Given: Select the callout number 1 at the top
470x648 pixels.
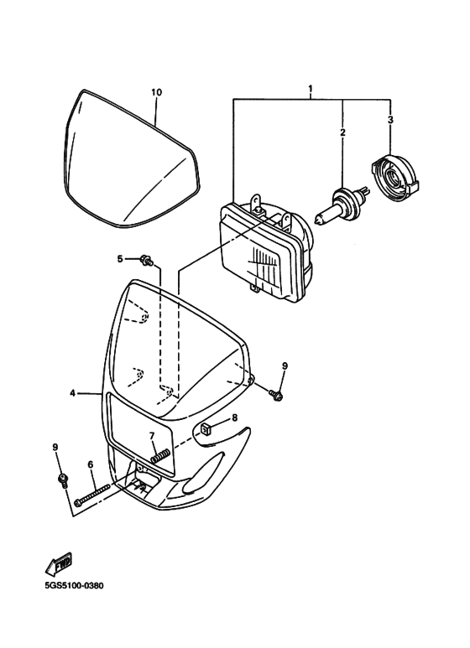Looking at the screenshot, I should point(311,88).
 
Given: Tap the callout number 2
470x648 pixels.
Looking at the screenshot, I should point(342,132).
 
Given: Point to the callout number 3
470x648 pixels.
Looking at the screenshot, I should point(389,120).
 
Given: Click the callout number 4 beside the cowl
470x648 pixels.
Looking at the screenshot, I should point(73,391).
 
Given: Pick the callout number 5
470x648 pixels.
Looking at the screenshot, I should point(120,258).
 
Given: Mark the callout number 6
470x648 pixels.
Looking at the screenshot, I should point(90,464).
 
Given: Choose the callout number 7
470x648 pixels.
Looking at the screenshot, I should point(152,435).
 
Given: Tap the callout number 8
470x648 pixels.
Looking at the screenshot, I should point(234,417).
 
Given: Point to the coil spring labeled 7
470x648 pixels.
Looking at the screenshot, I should point(161,457).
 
